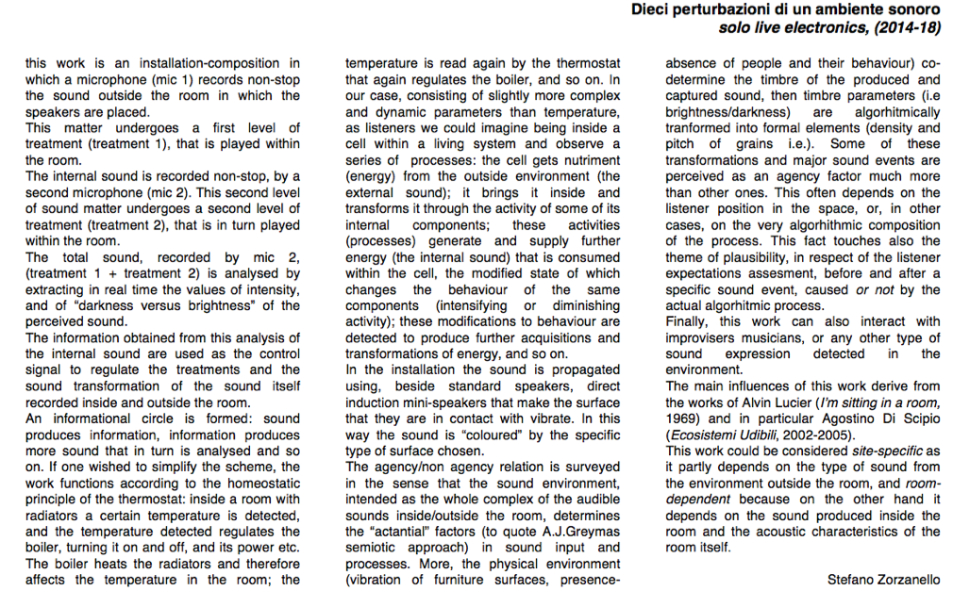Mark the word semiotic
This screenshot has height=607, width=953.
371,548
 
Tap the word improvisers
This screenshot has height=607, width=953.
701,337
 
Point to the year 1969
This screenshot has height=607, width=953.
681,418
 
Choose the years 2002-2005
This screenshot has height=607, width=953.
821,435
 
